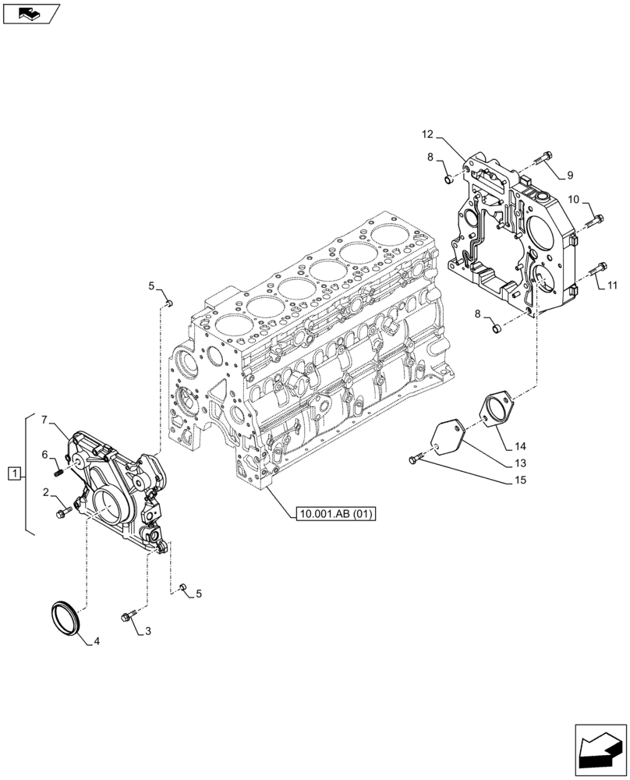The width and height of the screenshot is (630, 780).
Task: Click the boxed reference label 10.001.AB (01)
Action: pyautogui.click(x=336, y=513)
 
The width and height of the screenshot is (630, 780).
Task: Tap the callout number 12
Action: pyautogui.click(x=427, y=135)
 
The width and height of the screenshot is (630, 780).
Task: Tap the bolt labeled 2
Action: pyautogui.click(x=63, y=512)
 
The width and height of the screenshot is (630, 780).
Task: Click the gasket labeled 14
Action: pyautogui.click(x=491, y=410)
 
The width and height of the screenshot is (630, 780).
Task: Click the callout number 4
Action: pyautogui.click(x=97, y=642)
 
